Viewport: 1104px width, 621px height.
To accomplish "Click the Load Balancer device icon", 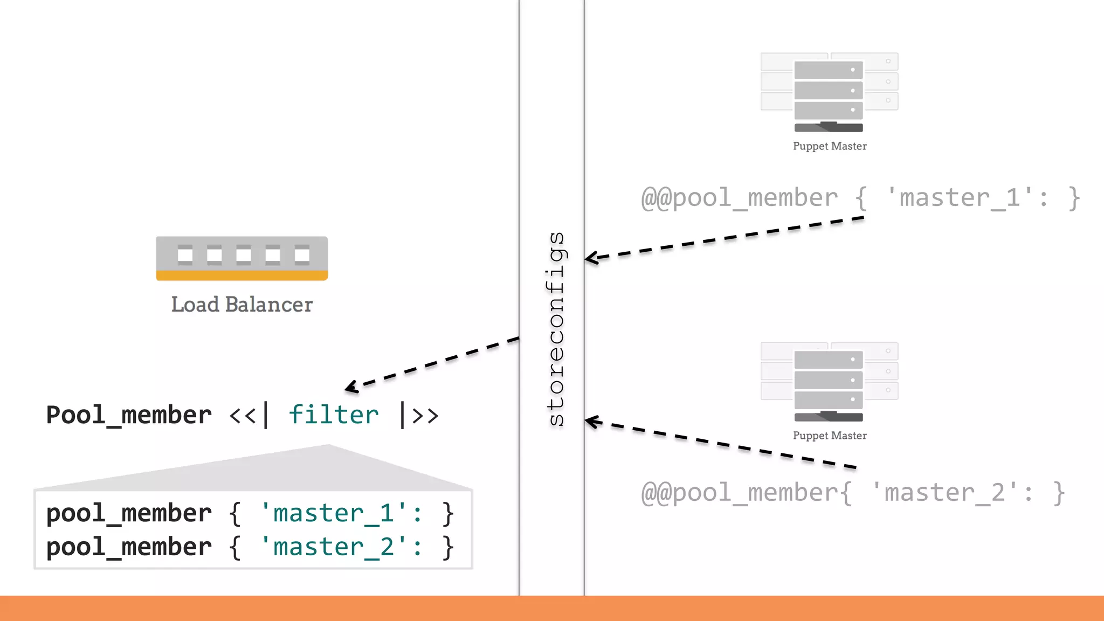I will point(241,257).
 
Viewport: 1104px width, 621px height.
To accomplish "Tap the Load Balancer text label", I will point(241,305).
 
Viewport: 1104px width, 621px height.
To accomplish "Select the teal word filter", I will point(334,415).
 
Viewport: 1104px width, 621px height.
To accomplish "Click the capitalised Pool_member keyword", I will point(129,415).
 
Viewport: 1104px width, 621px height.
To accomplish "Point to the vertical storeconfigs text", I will point(556,329).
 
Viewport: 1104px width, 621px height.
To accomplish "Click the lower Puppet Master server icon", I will point(829,382).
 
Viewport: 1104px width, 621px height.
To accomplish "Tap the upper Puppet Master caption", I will point(830,146).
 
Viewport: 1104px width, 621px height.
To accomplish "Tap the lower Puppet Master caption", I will point(830,436).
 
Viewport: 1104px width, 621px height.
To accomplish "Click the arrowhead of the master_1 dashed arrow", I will point(591,258).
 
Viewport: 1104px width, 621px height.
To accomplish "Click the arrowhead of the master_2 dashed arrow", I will point(591,421).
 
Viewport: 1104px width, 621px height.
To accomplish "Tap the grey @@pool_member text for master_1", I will point(739,198).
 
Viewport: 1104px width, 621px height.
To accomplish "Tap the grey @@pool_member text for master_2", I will point(739,493).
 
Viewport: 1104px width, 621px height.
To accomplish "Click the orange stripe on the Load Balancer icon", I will point(241,275).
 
